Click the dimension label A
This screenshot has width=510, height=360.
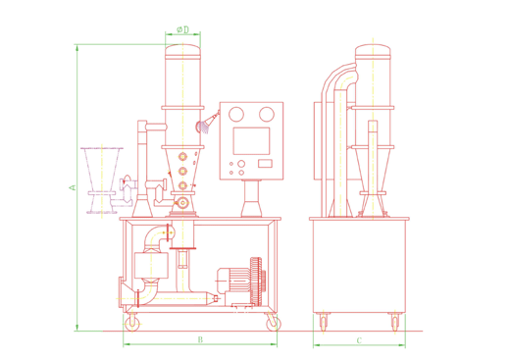pos(73,187)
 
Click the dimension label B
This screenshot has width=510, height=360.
pos(200,339)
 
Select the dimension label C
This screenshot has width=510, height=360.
pos(359,340)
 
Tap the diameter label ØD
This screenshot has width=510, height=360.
pos(183,29)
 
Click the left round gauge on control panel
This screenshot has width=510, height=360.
pos(236,115)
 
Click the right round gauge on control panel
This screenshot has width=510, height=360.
pos(267,115)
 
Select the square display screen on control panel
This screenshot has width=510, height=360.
pos(251,141)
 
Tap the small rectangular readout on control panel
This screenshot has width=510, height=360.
pos(265,164)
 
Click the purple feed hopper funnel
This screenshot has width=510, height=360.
pos(102,180)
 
